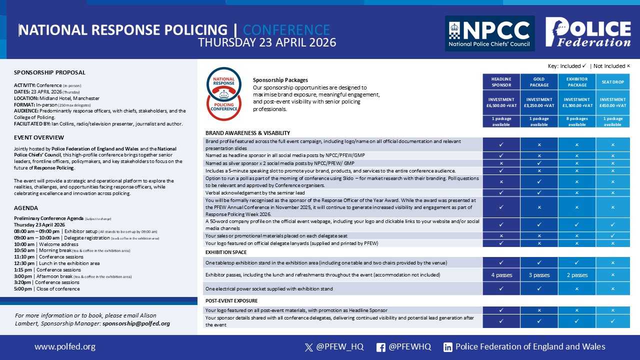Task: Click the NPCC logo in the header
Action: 489,33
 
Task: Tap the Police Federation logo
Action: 588,32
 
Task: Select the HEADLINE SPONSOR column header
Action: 501,82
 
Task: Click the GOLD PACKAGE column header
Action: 539,82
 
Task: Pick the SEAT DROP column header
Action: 612,82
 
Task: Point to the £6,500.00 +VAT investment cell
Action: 501,102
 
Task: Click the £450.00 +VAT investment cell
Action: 612,102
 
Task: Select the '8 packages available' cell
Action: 577,121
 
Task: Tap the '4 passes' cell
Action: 501,275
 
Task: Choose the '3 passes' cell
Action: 539,275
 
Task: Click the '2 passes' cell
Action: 577,275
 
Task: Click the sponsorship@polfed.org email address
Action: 136,323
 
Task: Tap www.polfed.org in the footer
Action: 64,346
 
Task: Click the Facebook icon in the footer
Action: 380,347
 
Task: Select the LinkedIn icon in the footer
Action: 448,347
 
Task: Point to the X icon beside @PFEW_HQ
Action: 308,347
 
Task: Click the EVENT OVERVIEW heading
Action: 39,137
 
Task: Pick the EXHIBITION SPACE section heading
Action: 226,252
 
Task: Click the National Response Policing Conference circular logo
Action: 224,94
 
